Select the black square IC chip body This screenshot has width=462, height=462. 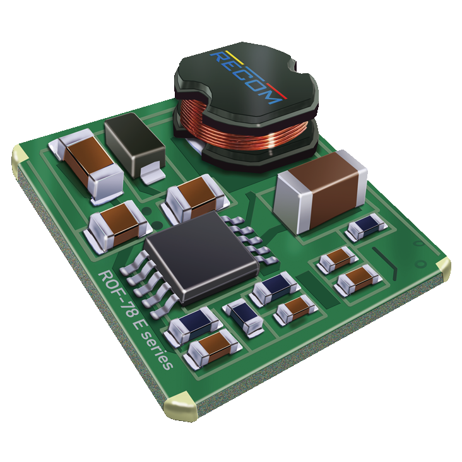click(x=202, y=256)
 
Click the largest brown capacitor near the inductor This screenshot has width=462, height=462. click(x=321, y=191)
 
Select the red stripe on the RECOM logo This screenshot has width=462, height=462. click(x=276, y=91)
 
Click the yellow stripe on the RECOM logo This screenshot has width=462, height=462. click(x=234, y=57)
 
